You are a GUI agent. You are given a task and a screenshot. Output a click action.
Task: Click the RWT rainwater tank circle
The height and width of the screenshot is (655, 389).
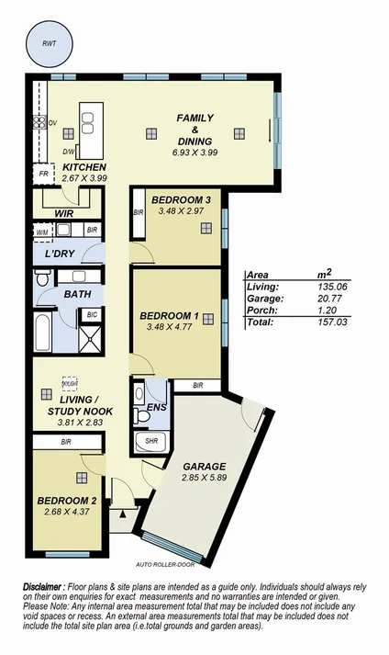coord(46,44)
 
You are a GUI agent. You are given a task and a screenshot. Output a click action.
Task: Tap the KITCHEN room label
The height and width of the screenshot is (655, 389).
coord(84,166)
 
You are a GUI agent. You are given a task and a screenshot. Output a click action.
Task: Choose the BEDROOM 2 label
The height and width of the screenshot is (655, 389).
coord(65,501)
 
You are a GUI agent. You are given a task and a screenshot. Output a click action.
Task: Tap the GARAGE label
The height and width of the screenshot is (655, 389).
coord(205,466)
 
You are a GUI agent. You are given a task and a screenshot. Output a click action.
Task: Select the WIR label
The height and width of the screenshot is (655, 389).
coord(63,213)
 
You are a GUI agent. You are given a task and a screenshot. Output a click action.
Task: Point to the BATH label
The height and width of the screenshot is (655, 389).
coord(76,294)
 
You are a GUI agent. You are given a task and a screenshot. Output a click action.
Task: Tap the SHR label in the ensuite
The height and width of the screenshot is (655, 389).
coord(150,442)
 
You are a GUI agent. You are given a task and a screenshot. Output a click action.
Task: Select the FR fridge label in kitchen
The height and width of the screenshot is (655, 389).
coord(42,172)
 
